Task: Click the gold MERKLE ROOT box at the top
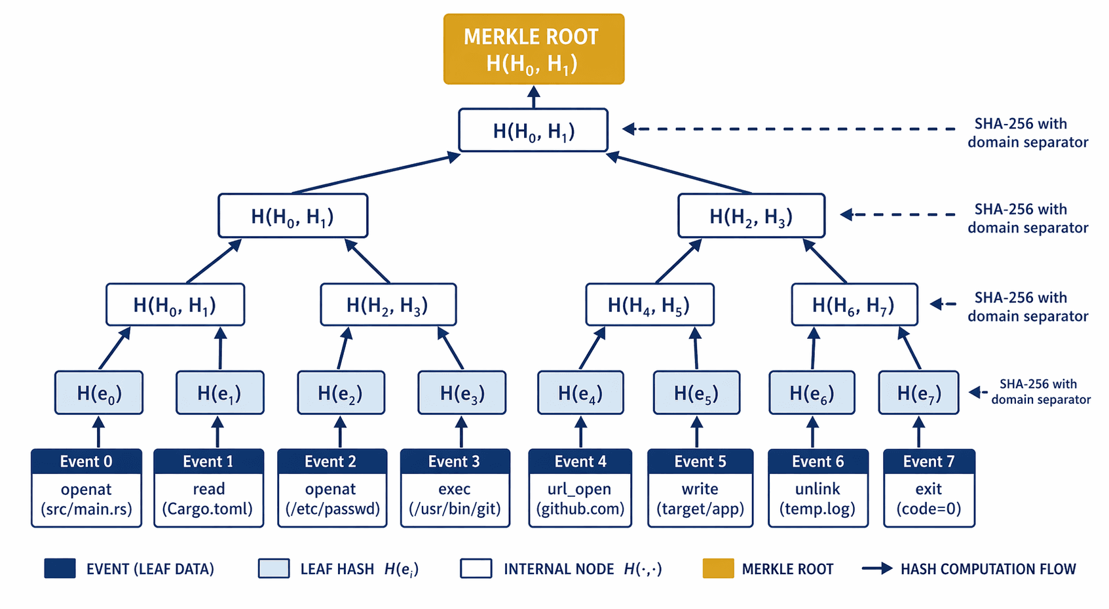(x=533, y=49)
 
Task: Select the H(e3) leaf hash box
(x=462, y=393)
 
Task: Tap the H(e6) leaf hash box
(x=812, y=393)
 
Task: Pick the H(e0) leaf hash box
(x=99, y=393)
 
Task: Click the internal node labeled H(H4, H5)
(x=649, y=305)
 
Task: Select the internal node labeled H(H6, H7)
(x=854, y=305)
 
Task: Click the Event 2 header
(x=331, y=462)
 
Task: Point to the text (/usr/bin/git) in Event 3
(x=455, y=509)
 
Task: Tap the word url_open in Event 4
(x=579, y=489)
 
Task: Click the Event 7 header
(x=928, y=462)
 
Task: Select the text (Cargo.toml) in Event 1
(x=208, y=509)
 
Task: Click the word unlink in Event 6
(x=818, y=489)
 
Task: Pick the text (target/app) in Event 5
(x=700, y=509)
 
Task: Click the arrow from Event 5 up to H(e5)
(x=697, y=432)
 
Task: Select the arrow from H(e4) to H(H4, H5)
(x=592, y=349)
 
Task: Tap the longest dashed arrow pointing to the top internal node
(x=786, y=129)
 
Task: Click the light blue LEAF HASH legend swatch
(x=274, y=568)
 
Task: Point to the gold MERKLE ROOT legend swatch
(x=718, y=568)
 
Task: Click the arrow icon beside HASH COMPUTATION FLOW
(x=876, y=568)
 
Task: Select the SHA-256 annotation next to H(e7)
(x=1040, y=392)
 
